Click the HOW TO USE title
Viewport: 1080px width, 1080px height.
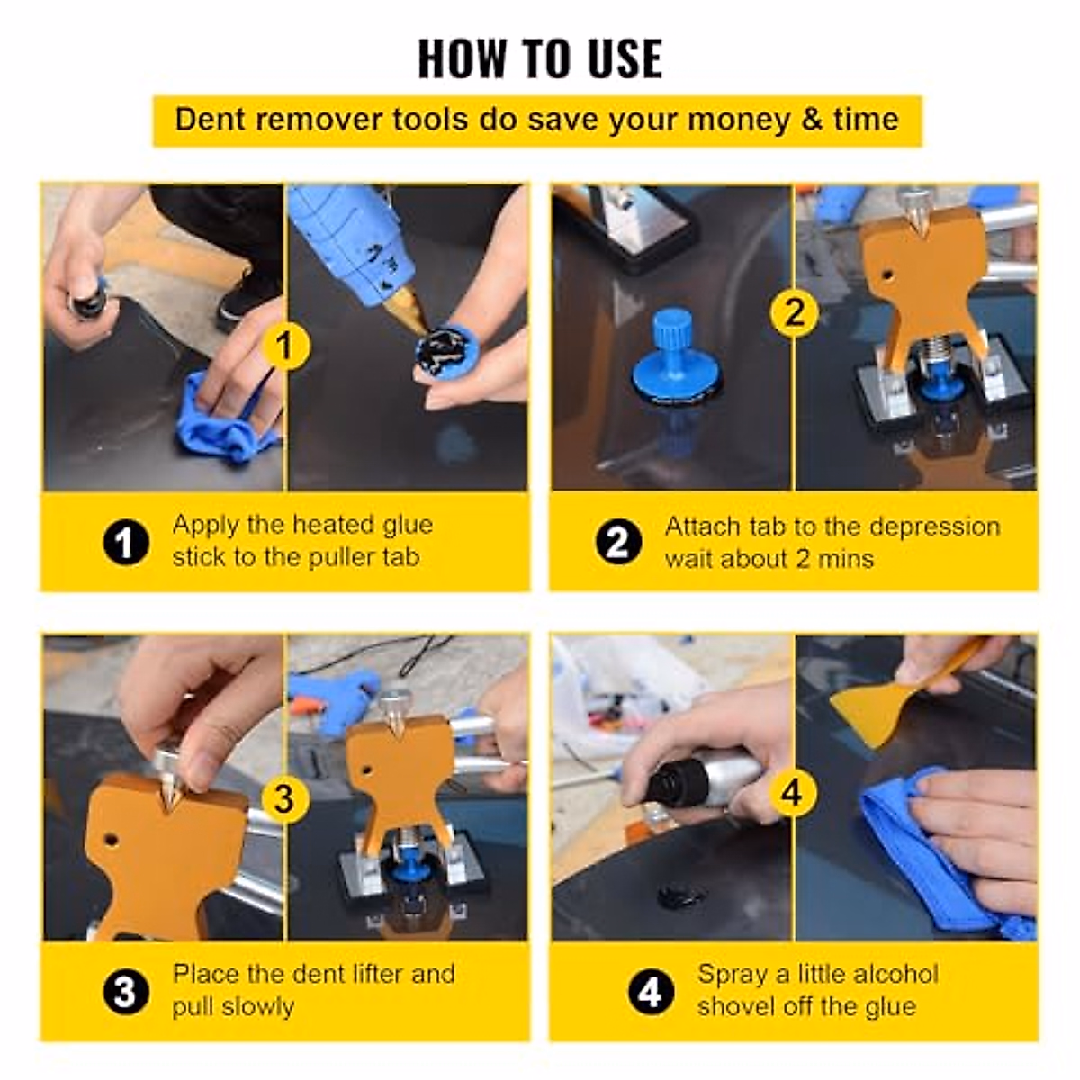[540, 58]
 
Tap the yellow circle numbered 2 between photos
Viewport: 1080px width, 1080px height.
[794, 312]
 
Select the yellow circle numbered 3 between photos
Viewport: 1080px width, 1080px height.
[284, 797]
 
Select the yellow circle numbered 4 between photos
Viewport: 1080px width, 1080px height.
[791, 793]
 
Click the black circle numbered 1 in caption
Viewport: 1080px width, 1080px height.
[126, 543]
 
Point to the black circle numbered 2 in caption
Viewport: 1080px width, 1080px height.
[618, 543]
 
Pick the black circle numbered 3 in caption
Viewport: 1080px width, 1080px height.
[126, 992]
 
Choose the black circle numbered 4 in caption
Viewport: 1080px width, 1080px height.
[650, 992]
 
